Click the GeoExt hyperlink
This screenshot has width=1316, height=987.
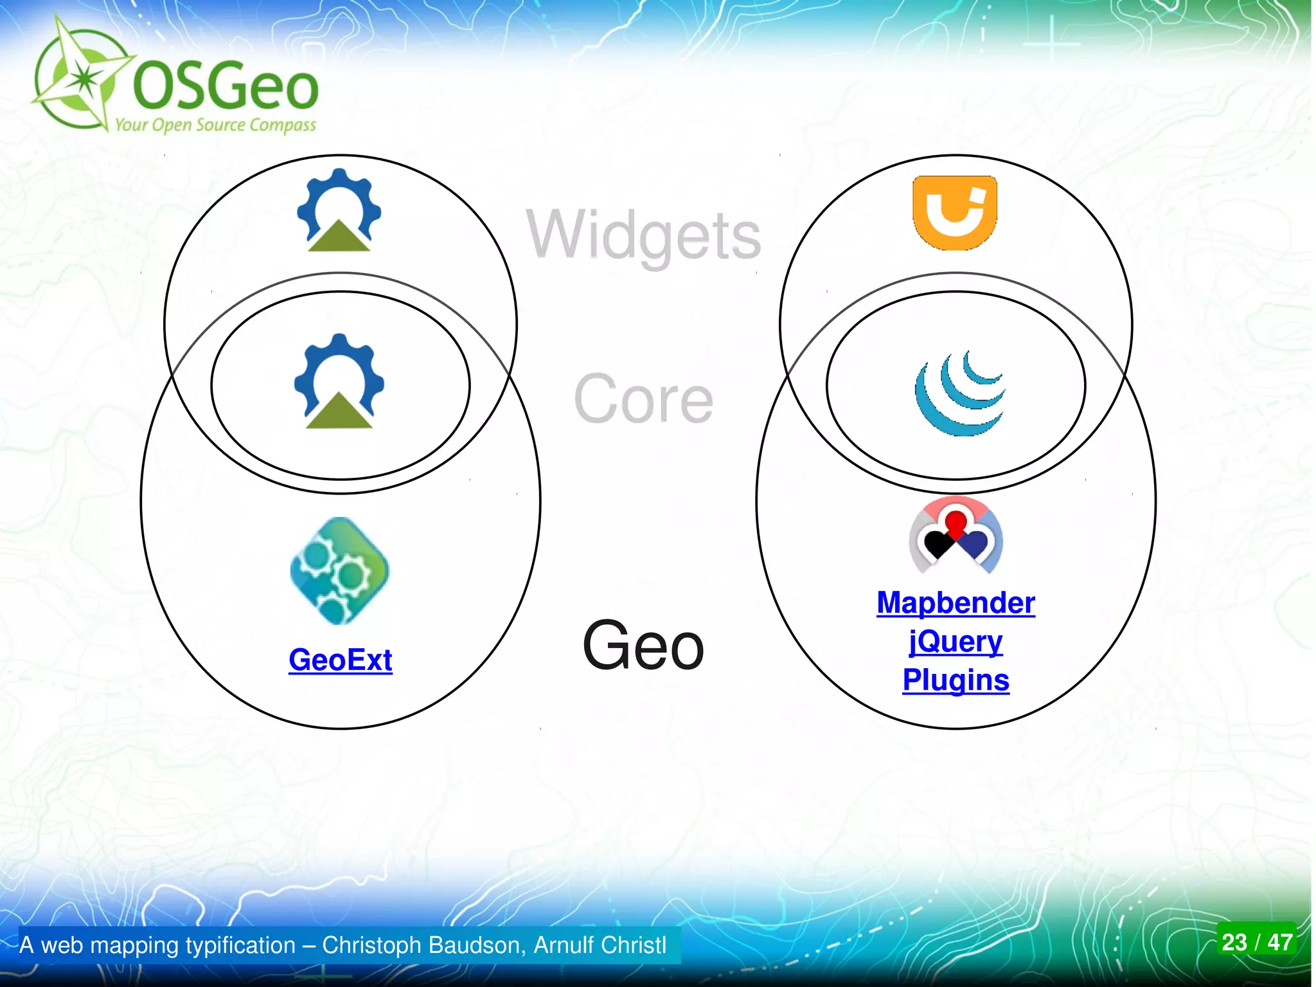coord(340,660)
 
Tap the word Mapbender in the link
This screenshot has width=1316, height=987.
coord(956,603)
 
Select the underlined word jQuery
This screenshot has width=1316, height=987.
coord(956,642)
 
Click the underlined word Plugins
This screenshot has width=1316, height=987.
coord(956,680)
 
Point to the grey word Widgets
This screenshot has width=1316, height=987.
coord(644,235)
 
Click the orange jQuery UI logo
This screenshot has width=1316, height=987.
coord(955,212)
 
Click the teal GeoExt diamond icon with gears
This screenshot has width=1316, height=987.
coord(339,570)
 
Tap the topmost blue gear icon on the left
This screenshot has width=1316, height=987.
coord(339,210)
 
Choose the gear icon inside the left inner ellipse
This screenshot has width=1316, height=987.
coord(339,381)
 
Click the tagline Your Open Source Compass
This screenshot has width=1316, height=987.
coord(215,124)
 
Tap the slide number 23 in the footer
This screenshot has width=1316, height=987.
coord(1234,943)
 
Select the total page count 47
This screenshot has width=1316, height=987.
coord(1279,943)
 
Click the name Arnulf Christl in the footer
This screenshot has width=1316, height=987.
coord(600,945)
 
